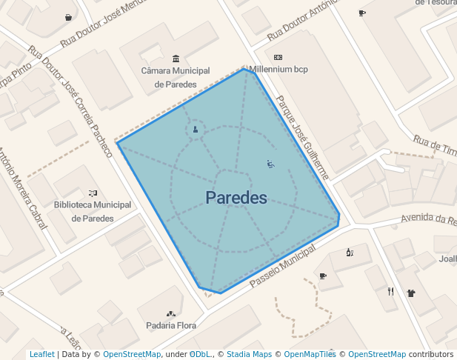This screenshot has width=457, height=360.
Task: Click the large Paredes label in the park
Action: pos(236,198)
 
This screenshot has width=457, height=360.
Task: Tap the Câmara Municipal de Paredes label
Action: pos(176,77)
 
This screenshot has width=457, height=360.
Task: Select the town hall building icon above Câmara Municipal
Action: pos(176,59)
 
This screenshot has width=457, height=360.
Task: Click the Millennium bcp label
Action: pos(278,70)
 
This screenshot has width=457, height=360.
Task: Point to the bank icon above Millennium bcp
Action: pos(278,57)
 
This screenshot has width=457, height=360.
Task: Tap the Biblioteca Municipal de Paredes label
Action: pos(93,211)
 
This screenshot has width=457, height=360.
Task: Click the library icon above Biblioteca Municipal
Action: pos(93,193)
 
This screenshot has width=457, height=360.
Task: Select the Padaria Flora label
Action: pos(171,325)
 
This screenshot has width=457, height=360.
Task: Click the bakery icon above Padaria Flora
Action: pos(171,313)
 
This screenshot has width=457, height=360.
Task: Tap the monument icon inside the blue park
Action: pos(196,130)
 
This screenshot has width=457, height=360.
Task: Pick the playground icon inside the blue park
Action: pos(270,164)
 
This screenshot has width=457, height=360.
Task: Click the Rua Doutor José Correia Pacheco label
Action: pos(71,102)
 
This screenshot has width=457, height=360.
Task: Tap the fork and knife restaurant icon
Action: pos(390,291)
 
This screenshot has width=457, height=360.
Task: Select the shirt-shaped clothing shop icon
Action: pos(411,292)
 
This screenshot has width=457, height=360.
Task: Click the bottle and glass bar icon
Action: pos(350,253)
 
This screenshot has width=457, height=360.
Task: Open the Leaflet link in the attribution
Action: pos(41,355)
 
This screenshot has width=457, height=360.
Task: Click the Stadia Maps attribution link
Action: pos(249,355)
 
